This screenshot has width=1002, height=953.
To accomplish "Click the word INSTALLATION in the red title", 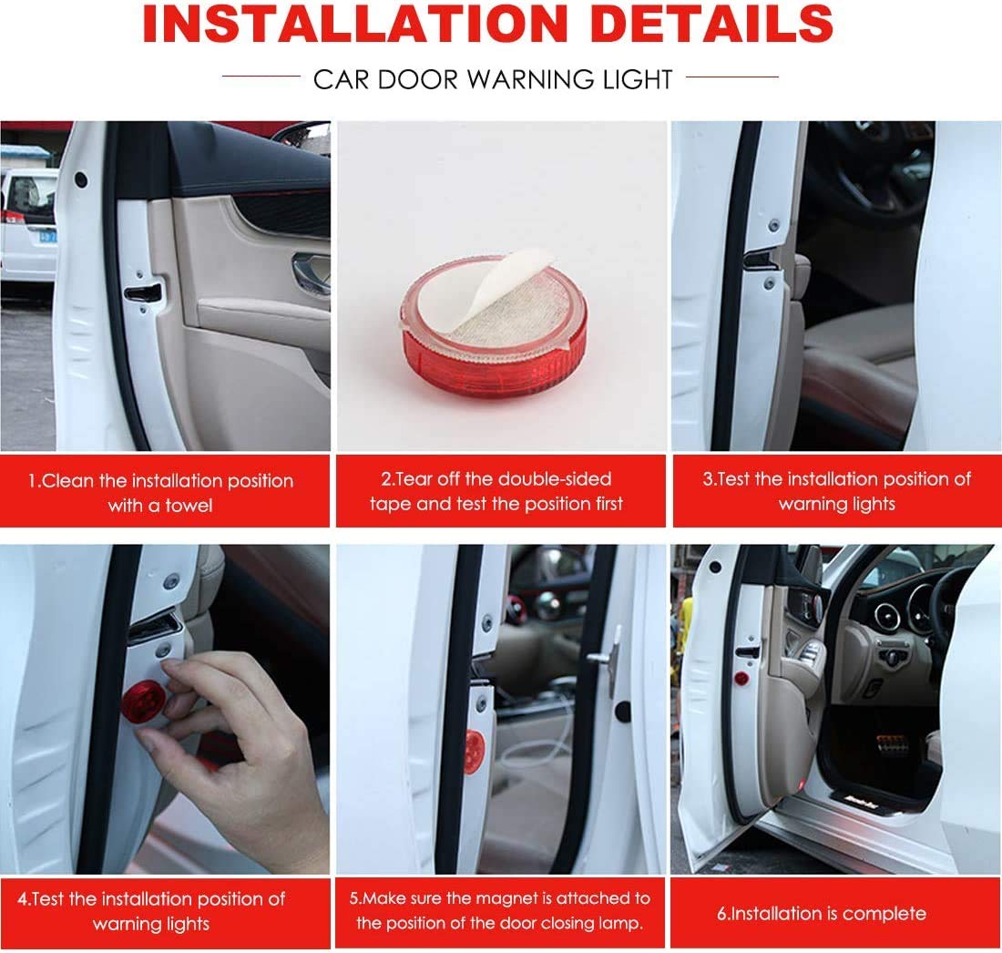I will (355, 25).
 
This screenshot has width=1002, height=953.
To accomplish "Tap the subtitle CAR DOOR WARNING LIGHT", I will (493, 79).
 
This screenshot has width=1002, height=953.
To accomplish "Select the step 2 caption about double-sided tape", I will (496, 491).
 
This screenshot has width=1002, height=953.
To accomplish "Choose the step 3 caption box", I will (836, 491).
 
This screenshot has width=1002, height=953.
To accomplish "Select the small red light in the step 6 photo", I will (741, 678).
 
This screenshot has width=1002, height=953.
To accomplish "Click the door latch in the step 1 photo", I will (143, 292).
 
